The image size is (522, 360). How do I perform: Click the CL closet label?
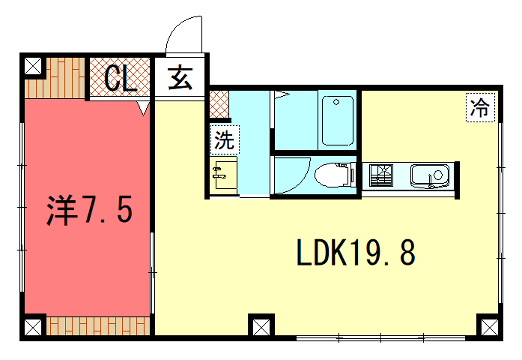120,78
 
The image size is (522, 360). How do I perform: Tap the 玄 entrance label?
181,78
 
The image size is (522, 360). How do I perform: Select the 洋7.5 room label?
86,211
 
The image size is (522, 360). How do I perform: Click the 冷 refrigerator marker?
481,108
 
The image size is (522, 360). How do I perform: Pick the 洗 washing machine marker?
223,141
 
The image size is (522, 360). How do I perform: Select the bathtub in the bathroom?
339,120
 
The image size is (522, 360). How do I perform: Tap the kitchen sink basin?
432,177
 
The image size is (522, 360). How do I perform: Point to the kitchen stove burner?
382,176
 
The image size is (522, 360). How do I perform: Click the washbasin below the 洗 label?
223,174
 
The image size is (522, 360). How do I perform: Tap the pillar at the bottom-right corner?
490,326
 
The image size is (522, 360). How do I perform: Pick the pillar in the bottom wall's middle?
260,326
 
